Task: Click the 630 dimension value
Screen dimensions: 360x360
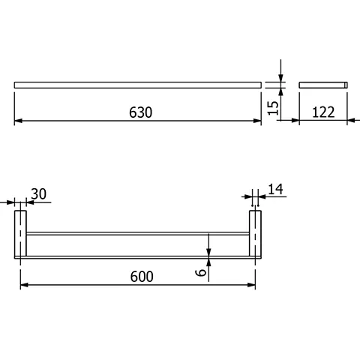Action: coord(140,112)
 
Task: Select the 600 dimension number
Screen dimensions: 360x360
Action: coord(140,276)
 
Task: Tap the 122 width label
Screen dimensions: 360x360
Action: coord(323,112)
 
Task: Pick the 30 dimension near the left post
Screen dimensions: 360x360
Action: coord(39,193)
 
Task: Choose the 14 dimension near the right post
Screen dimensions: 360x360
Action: coord(274,190)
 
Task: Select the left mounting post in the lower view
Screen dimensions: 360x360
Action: coord(21,234)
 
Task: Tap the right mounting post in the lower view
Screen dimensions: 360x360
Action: coord(256,234)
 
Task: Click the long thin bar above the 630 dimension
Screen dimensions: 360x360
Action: coord(138,85)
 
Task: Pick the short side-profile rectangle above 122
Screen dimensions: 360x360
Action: coord(323,85)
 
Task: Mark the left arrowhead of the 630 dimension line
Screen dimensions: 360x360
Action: coord(19,120)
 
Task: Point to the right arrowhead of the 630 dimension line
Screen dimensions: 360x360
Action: coord(257,120)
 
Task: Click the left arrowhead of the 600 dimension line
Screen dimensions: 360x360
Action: coord(23,284)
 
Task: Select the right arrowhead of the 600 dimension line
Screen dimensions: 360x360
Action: coord(253,284)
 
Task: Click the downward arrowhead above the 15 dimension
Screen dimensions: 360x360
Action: coord(280,77)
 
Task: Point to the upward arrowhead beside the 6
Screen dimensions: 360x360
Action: coord(209,262)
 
